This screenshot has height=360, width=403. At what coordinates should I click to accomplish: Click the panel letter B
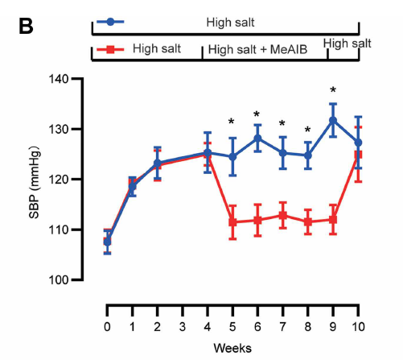[x=27, y=27]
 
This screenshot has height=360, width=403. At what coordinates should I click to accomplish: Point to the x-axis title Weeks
[x=232, y=348]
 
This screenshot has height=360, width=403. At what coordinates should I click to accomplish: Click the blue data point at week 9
[x=333, y=121]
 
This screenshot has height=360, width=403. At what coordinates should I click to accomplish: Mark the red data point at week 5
[x=232, y=222]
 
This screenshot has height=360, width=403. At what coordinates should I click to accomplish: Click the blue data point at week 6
[x=257, y=138]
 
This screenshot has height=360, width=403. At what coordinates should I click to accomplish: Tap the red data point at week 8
[x=308, y=221]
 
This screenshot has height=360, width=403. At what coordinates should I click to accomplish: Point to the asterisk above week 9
[x=333, y=90]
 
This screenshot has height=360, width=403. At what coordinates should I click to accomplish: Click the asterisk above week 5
[x=232, y=122]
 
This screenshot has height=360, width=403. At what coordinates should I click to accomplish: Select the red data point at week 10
[x=358, y=155]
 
